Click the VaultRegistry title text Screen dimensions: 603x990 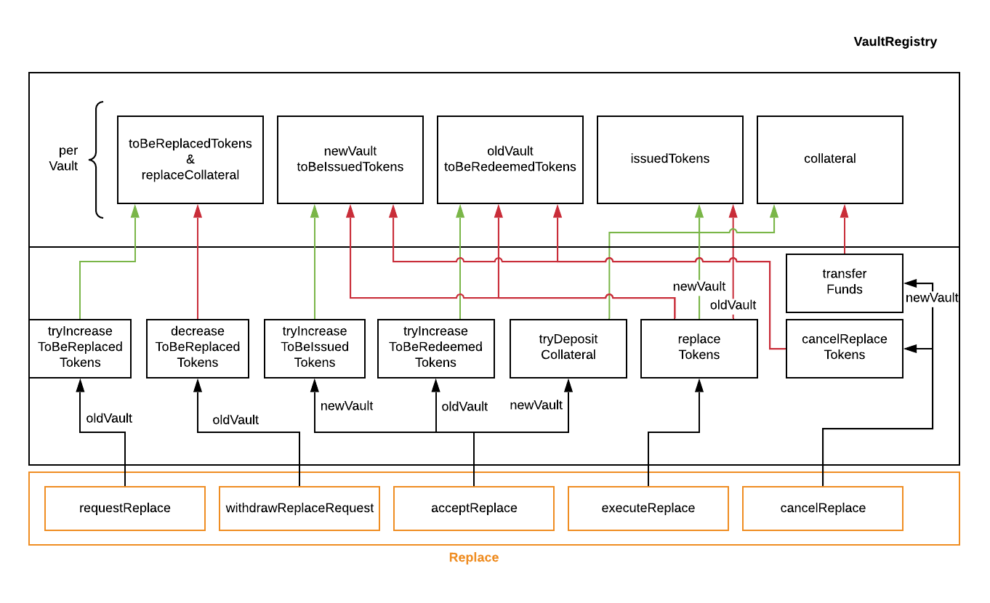point(895,42)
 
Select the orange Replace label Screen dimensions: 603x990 point(473,557)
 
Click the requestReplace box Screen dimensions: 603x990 point(124,508)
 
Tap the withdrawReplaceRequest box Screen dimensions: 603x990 point(299,508)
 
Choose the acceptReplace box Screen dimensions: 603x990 point(473,508)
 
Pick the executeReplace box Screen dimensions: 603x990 point(648,508)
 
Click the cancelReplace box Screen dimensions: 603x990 point(822,508)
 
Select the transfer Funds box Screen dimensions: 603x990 point(844,282)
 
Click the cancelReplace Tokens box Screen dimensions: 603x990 point(844,347)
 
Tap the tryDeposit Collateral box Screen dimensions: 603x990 point(568,347)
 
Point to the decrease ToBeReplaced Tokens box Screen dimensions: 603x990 point(197,347)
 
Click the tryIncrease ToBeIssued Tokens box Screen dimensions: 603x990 point(314,347)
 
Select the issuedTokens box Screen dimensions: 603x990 point(669,159)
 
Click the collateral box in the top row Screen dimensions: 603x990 point(829,159)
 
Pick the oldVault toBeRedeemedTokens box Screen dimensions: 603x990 point(510,159)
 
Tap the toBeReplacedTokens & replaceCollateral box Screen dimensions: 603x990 point(190,159)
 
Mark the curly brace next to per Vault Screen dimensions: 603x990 point(97,159)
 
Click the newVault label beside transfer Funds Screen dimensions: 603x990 point(931,298)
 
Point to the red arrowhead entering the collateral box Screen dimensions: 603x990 point(844,211)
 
